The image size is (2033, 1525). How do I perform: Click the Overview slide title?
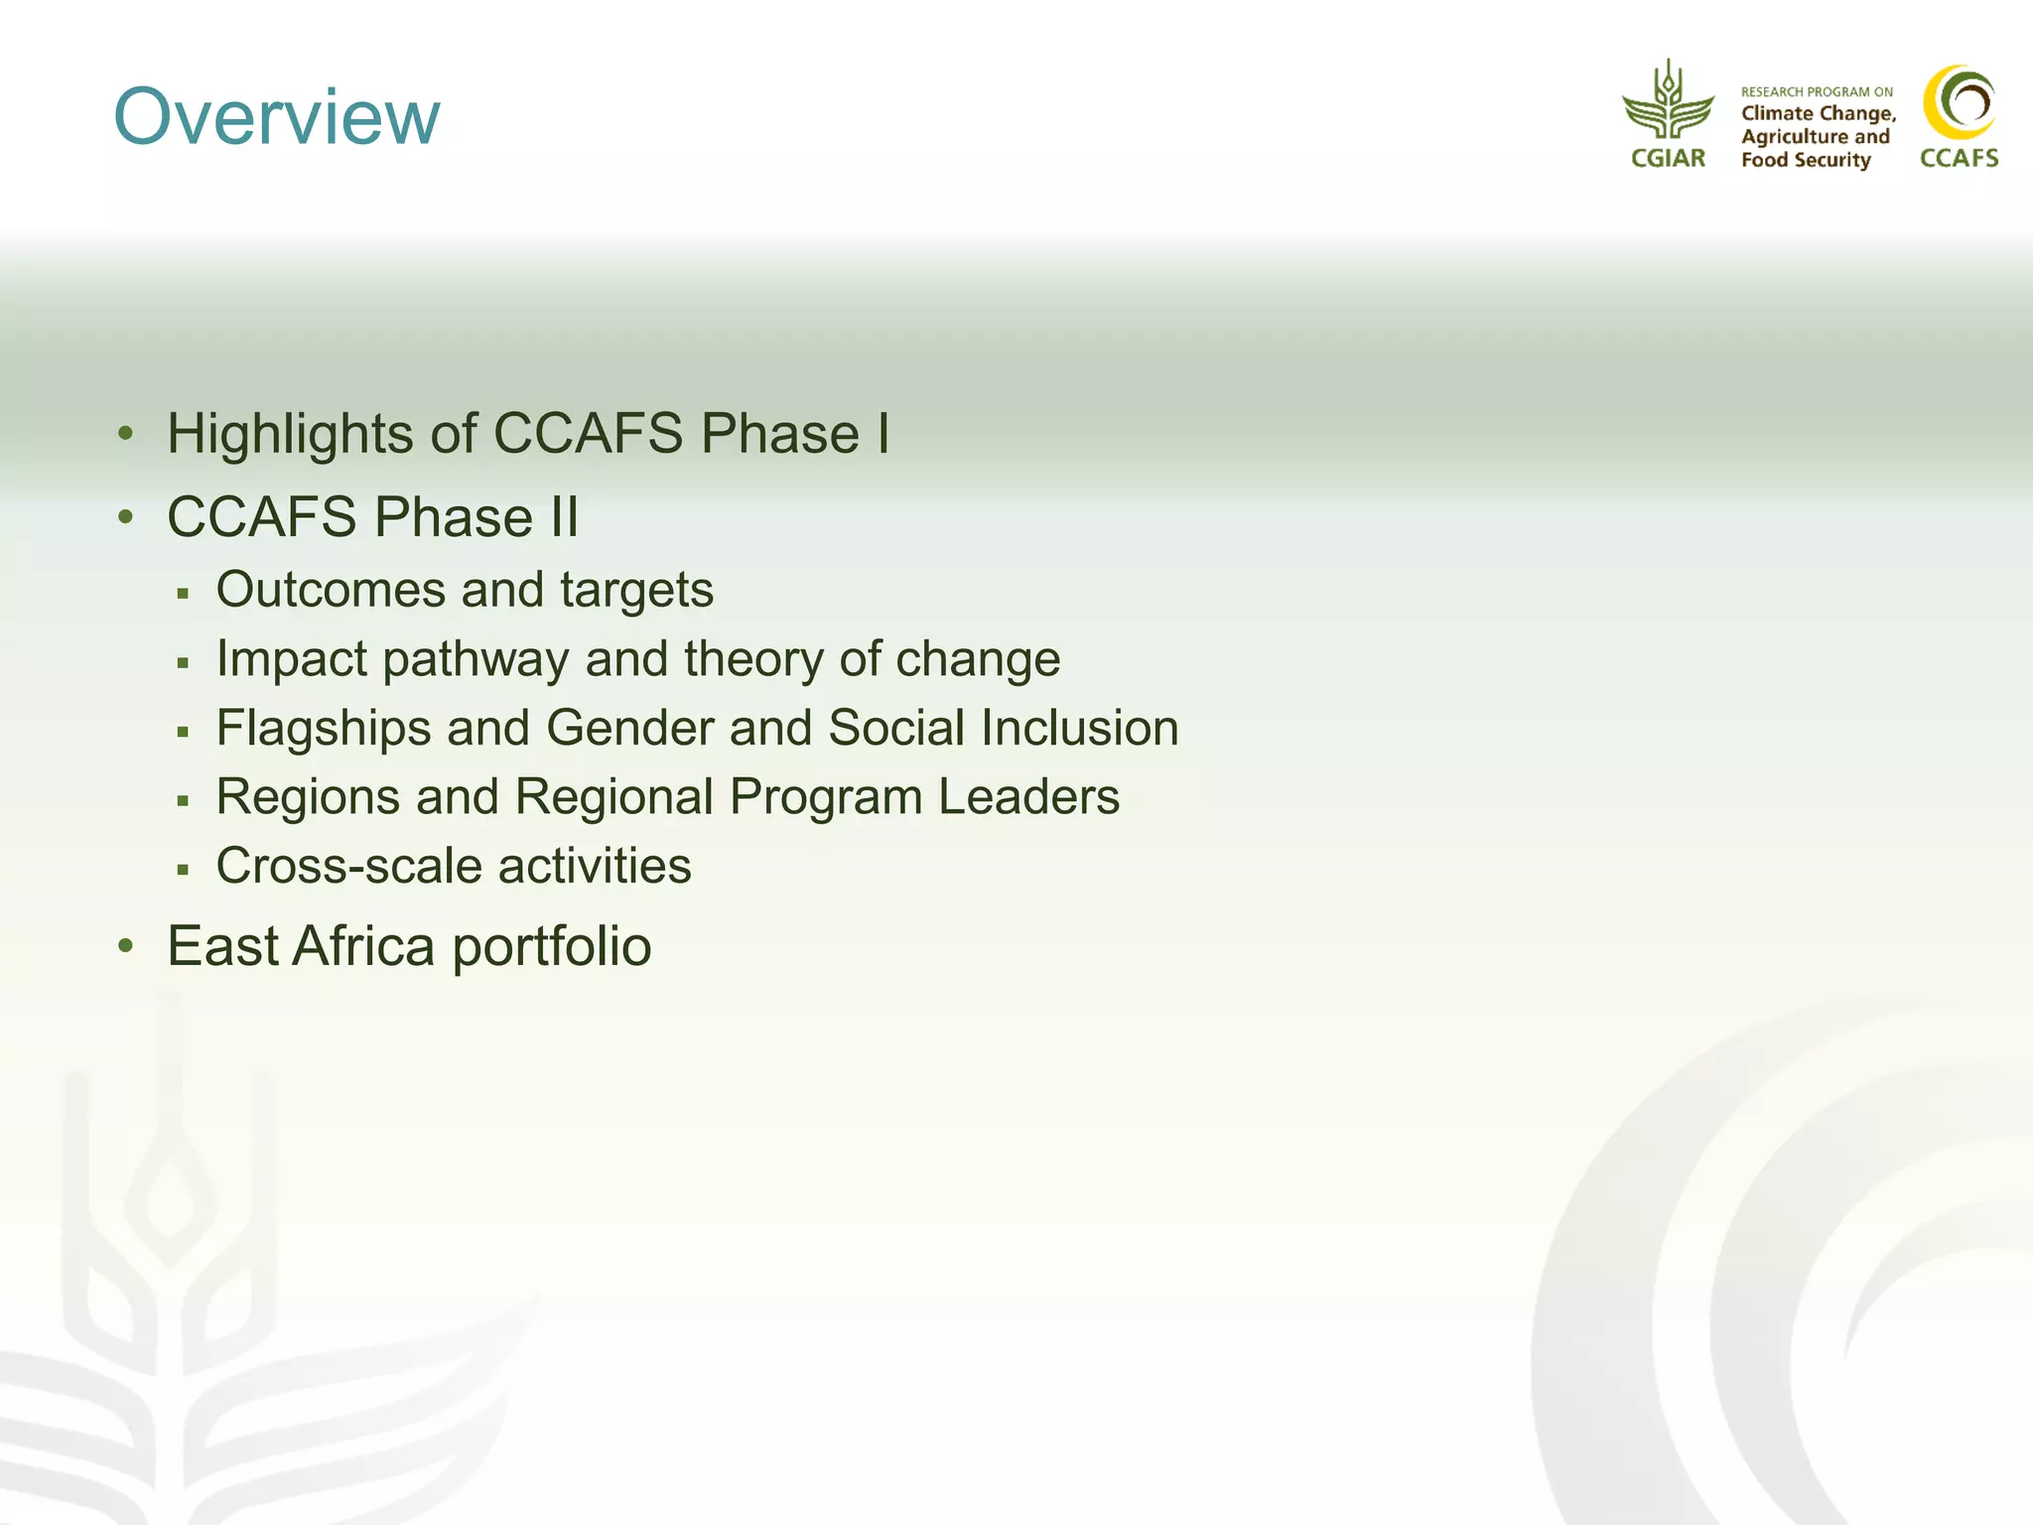click(x=277, y=117)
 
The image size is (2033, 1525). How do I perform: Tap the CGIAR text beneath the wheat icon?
click(x=1668, y=159)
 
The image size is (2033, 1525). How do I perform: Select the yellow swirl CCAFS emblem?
click(x=1959, y=102)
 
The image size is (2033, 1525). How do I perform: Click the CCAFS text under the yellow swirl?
click(x=1959, y=159)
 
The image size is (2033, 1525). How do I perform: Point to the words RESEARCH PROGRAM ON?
click(x=1817, y=92)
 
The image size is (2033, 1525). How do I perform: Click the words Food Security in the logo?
click(x=1806, y=160)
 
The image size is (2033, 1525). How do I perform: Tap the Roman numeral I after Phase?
click(x=882, y=434)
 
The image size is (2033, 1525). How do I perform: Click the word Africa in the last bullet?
click(x=363, y=946)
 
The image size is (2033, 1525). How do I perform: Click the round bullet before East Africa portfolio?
click(x=125, y=946)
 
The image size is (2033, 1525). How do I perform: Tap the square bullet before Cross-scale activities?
click(x=183, y=870)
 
